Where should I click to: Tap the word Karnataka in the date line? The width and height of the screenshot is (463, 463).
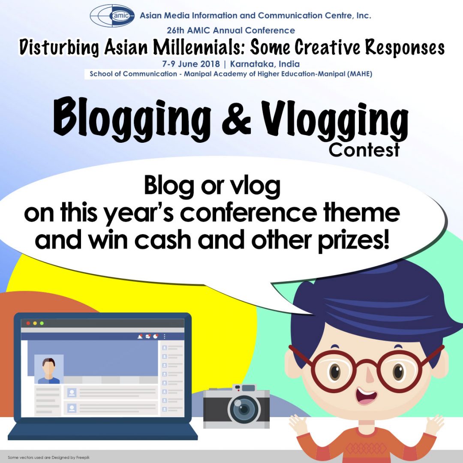click(253, 64)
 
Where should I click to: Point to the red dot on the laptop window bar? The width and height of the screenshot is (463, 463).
click(28, 323)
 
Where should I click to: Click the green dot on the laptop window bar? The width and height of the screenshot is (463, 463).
click(42, 323)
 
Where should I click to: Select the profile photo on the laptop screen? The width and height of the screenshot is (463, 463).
click(48, 369)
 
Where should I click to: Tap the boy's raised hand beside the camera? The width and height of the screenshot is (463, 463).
click(298, 424)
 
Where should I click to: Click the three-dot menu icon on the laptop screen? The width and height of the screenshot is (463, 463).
click(165, 336)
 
